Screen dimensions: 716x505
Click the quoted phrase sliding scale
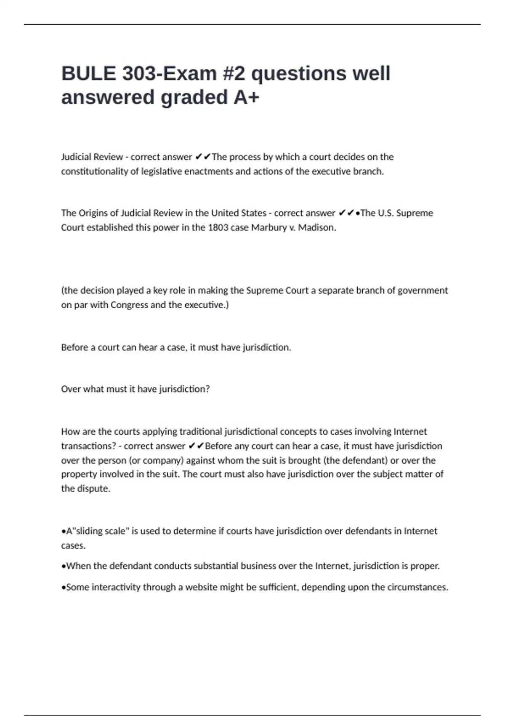tap(100, 531)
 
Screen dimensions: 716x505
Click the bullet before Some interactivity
tap(64, 588)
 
